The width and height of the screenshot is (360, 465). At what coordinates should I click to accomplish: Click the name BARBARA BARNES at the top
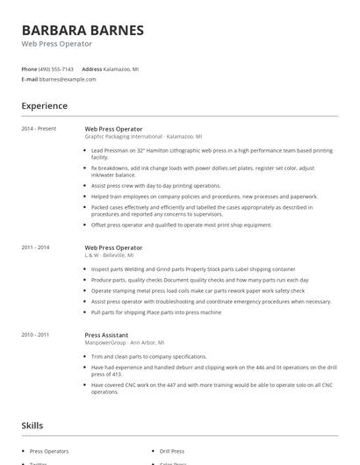(83, 31)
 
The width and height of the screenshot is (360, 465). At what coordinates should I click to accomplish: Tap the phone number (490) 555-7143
(56, 68)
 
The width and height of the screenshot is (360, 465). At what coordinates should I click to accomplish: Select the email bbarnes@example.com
(67, 79)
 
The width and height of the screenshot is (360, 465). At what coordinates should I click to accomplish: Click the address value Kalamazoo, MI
(122, 68)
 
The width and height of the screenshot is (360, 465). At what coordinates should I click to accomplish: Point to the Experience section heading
(45, 106)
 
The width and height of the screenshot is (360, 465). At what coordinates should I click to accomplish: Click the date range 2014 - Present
(39, 129)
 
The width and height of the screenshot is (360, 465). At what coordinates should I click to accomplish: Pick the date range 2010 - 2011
(37, 334)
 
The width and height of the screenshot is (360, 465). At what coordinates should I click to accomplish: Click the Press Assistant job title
(106, 334)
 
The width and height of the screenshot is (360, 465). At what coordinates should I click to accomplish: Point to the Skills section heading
(32, 426)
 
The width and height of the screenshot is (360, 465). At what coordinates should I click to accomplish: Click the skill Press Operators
(49, 450)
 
